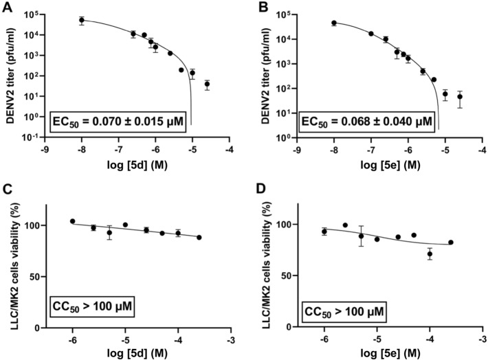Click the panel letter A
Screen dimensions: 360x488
8,8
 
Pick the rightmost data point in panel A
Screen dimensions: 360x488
207,85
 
